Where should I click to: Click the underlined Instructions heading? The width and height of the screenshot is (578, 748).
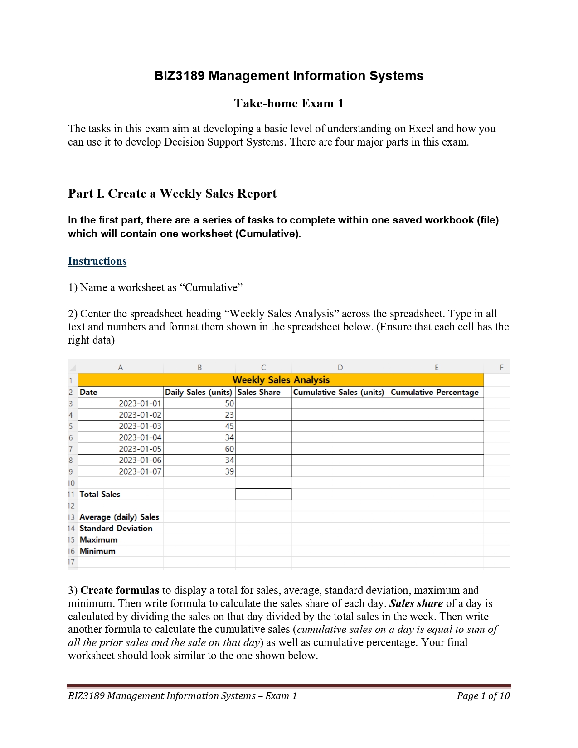[97, 261]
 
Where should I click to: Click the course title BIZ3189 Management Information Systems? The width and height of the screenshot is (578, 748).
[289, 76]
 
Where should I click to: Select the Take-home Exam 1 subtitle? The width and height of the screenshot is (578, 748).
[289, 103]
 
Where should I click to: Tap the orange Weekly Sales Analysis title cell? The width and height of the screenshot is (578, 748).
[281, 380]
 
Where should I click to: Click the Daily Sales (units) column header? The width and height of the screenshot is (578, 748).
[199, 392]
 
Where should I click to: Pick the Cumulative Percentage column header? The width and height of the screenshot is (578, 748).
[435, 392]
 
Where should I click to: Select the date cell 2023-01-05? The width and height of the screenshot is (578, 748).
[140, 449]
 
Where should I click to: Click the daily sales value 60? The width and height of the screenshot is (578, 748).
[229, 449]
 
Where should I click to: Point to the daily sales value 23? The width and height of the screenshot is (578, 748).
[229, 415]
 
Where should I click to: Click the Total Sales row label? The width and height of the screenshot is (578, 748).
[100, 494]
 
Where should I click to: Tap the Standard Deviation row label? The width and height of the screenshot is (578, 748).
[116, 528]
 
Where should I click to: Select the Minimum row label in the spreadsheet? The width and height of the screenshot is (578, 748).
[97, 551]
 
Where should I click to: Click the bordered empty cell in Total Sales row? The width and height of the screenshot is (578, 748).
[263, 494]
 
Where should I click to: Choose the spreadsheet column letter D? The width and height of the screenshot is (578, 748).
[340, 368]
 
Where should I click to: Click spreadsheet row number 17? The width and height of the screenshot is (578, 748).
[71, 562]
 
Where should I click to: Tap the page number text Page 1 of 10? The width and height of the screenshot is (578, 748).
[483, 695]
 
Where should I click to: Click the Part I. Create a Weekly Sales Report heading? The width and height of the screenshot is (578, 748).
[172, 194]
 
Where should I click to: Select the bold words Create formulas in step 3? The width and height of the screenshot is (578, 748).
[120, 590]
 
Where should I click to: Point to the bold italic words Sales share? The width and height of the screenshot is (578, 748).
[416, 603]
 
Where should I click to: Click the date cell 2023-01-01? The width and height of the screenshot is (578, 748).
[140, 403]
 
